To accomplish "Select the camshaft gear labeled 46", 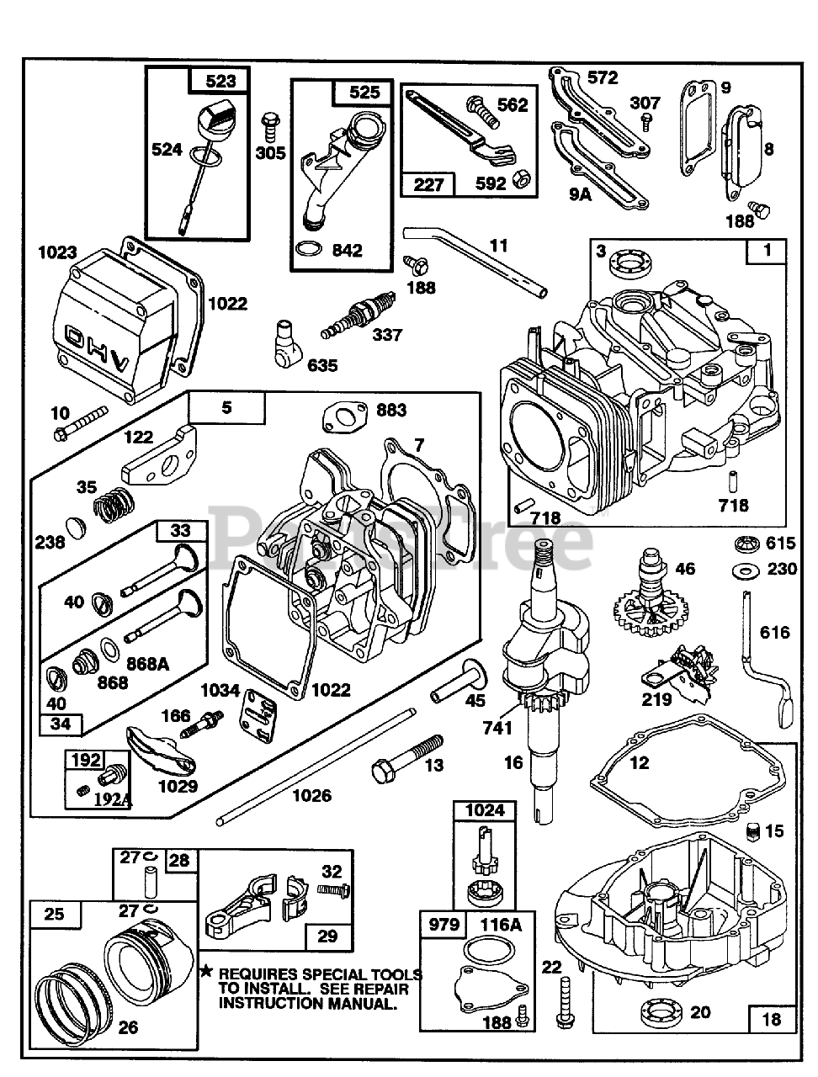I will (649, 599).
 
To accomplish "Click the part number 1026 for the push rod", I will (311, 795).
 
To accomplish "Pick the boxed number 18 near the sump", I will (770, 1019).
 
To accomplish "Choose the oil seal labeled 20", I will (661, 1011).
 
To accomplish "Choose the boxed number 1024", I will (485, 810).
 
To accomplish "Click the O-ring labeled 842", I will (310, 250).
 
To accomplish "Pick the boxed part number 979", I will (444, 925).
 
